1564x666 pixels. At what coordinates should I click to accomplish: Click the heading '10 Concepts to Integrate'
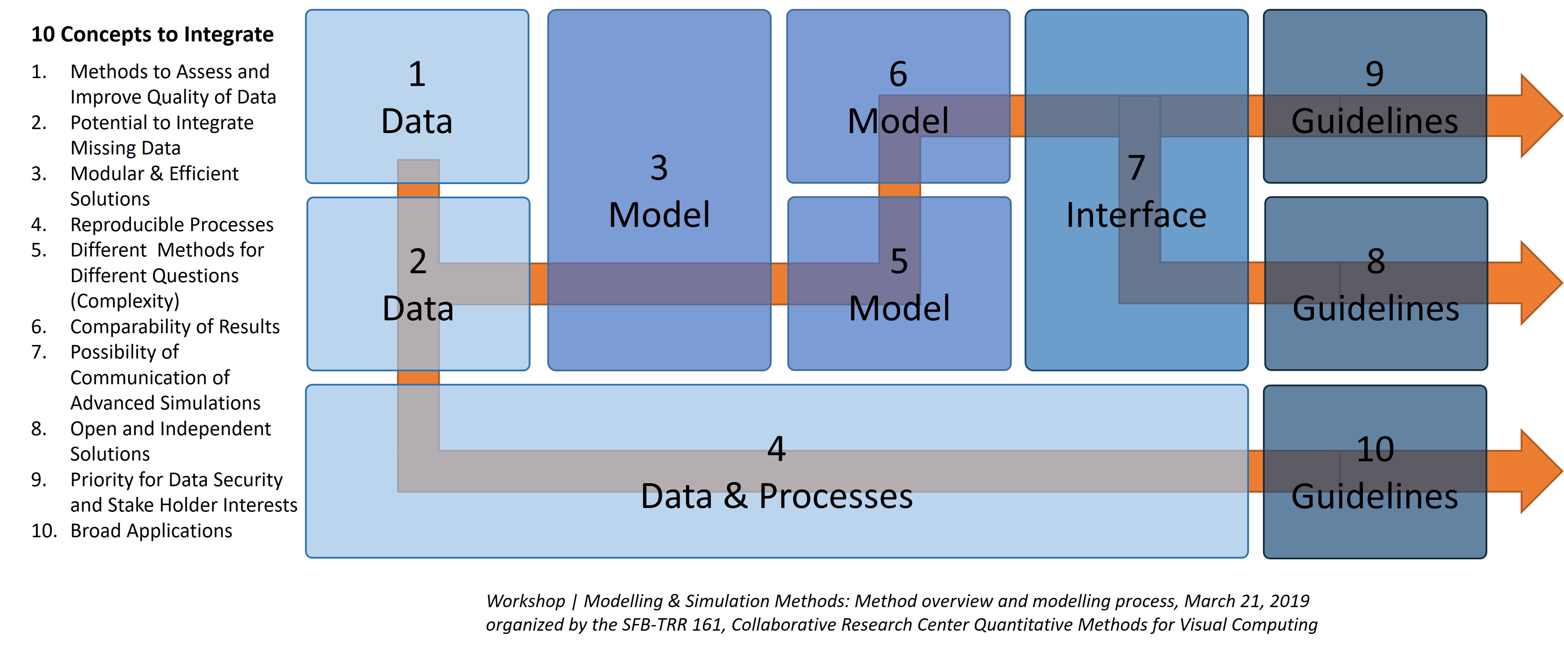152,35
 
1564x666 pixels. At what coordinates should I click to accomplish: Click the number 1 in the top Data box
416,74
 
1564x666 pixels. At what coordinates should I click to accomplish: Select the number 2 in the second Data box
418,262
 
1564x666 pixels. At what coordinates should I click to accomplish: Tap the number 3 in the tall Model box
659,168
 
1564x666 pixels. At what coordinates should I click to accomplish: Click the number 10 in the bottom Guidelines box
1375,449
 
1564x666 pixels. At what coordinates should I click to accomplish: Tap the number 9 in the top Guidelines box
1375,74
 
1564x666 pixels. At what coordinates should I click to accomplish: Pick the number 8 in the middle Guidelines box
1376,262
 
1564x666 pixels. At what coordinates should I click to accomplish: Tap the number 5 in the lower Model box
899,262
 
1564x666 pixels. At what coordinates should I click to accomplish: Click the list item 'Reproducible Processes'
172,225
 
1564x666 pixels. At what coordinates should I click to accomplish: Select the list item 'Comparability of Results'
175,327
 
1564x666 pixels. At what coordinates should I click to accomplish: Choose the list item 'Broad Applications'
151,530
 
